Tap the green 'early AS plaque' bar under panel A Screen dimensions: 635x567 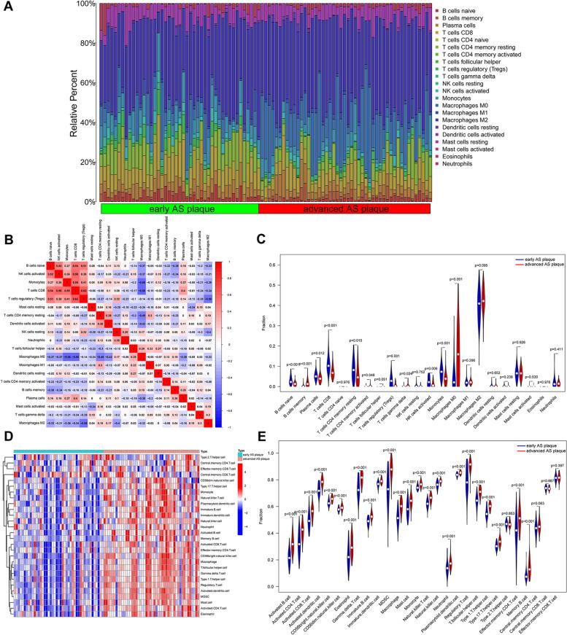click(180, 208)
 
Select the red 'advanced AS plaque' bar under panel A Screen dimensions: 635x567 click(338, 208)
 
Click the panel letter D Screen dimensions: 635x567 click(7, 416)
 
